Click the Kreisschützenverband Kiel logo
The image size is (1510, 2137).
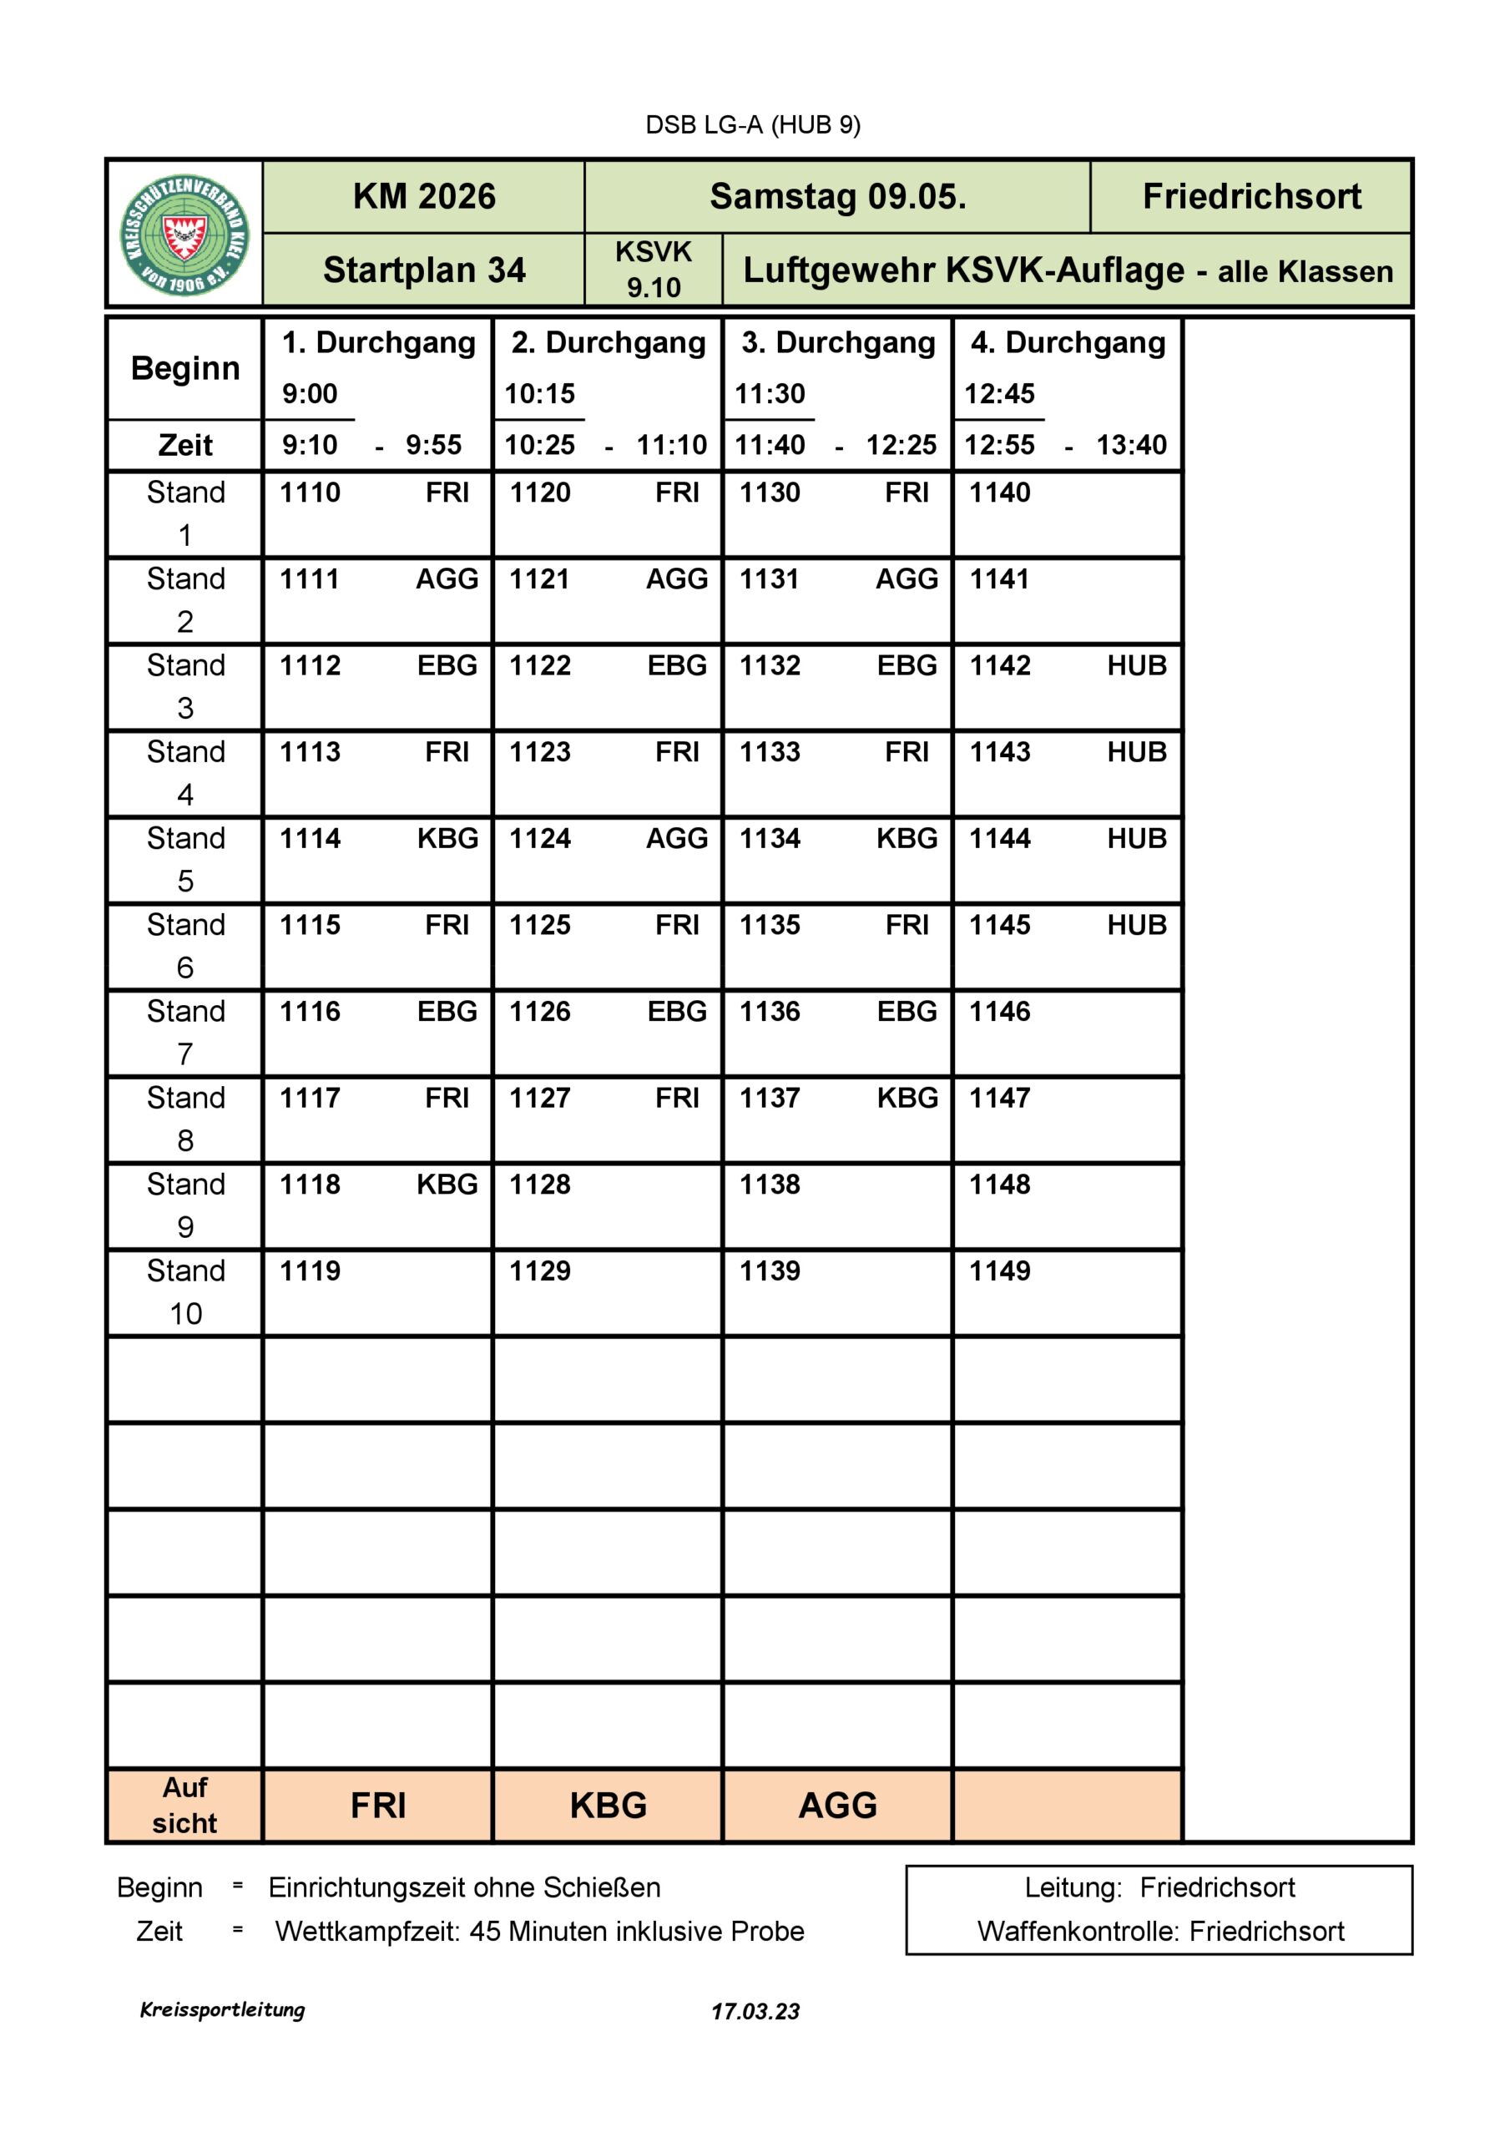coord(185,235)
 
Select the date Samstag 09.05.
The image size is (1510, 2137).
coord(837,197)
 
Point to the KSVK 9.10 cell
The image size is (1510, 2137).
coord(653,270)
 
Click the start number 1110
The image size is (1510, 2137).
coord(310,493)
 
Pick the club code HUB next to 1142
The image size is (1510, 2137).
coord(1136,665)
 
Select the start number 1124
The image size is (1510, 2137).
coord(540,839)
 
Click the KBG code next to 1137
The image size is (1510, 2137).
coord(907,1099)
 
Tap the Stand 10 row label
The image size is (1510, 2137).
coord(185,1292)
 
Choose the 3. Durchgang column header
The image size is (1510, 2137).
coord(838,342)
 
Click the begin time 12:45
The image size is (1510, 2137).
coord(999,394)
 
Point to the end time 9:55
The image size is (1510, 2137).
coord(433,445)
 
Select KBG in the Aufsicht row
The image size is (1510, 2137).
coord(608,1806)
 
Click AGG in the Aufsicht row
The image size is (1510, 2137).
coord(838,1806)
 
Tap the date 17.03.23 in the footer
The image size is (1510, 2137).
coord(755,2011)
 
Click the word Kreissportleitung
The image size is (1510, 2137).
coord(223,2009)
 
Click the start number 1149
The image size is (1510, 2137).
coord(1000,1271)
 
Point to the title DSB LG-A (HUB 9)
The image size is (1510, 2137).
coord(753,124)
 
